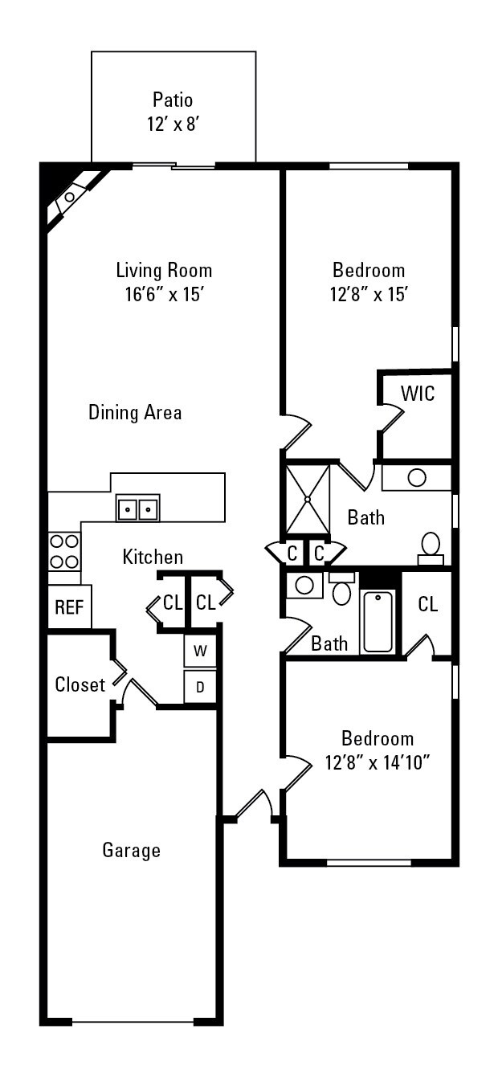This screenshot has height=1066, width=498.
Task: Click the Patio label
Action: [x=173, y=100]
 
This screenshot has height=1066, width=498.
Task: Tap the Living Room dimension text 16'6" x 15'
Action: [x=164, y=294]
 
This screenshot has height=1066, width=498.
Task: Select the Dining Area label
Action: [x=135, y=413]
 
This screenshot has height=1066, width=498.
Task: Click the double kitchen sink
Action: [x=138, y=508]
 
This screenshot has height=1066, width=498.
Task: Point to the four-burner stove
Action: [x=64, y=551]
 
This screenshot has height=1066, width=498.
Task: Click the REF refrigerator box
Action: [x=69, y=607]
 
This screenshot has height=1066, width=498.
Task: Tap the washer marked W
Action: [x=200, y=651]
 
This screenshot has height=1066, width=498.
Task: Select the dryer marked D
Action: [x=200, y=687]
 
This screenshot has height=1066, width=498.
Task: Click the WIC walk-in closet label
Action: [x=418, y=394]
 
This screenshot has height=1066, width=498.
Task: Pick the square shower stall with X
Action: [x=308, y=500]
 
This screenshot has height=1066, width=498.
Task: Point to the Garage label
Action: [x=131, y=850]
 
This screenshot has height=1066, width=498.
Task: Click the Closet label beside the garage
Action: [x=80, y=685]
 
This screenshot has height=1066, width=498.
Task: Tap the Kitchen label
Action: [x=153, y=557]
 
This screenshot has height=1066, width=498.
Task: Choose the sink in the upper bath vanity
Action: [x=417, y=477]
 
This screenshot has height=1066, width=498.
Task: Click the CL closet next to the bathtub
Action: [x=427, y=605]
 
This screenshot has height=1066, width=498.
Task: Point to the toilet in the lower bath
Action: [x=341, y=593]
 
